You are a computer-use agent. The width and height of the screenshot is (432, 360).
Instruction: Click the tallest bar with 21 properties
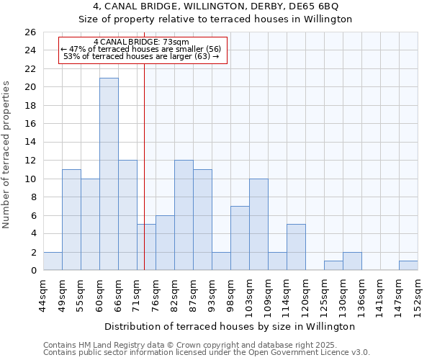pos(109,174)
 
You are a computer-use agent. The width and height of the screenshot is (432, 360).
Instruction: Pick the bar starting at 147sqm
pos(408,266)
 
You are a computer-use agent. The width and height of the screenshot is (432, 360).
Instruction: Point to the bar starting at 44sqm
pos(53,261)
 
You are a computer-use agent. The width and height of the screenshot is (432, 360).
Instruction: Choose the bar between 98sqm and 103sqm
pos(240,238)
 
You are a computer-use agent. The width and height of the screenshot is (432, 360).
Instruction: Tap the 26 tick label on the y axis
pos(30,32)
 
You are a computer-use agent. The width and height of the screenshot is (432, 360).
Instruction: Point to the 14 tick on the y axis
pos(30,143)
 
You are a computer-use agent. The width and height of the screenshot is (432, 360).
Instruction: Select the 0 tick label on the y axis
pos(32,271)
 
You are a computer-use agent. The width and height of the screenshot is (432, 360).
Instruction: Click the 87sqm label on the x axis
pos(194,294)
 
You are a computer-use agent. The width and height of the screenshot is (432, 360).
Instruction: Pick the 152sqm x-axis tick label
pos(418,295)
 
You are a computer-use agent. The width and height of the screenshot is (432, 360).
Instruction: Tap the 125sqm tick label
pos(325,295)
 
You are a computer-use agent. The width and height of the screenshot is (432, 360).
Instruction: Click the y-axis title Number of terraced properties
pos(7,155)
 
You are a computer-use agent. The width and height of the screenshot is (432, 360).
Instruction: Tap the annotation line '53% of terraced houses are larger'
pos(141,55)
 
